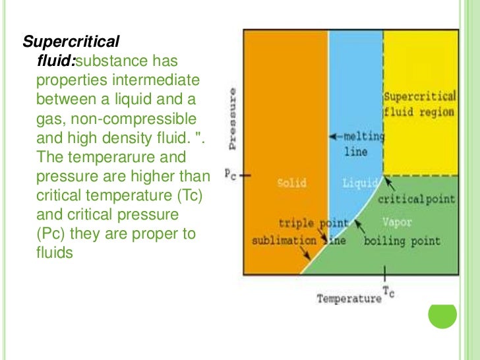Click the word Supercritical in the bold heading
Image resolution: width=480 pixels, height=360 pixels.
[71, 43]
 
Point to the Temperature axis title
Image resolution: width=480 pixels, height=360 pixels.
[349, 299]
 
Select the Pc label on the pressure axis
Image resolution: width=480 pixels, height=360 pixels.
[226, 175]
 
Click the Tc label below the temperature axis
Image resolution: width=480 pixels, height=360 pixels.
[388, 292]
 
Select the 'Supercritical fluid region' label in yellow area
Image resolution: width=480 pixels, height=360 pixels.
[419, 104]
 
